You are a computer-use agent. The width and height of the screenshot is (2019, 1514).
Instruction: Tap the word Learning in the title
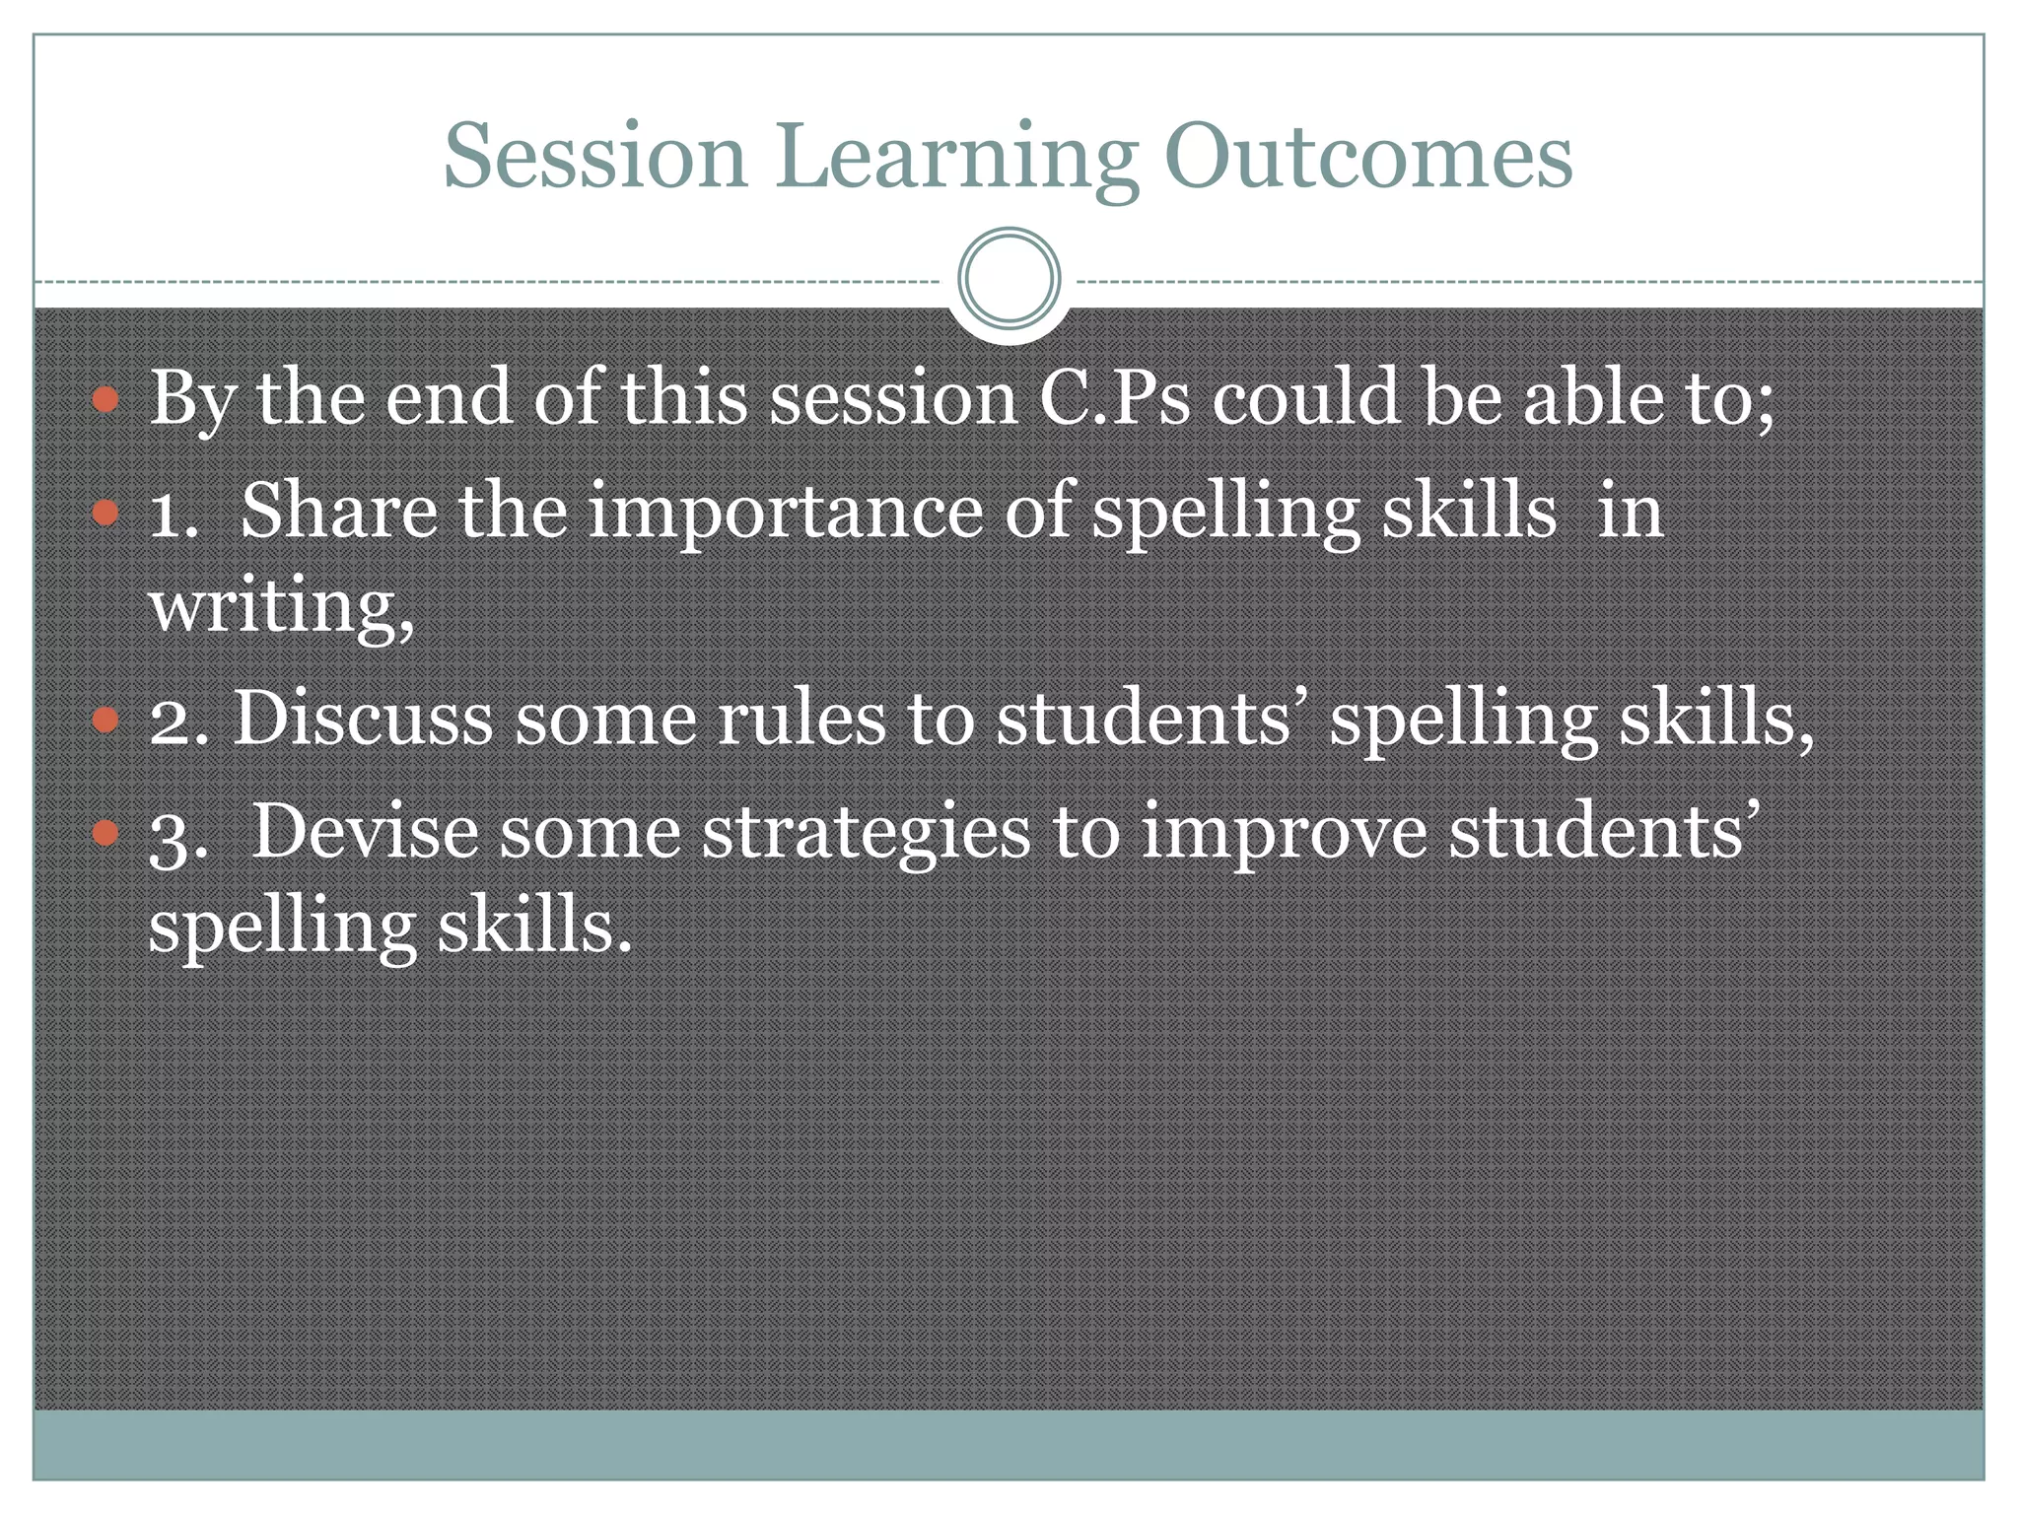[x=955, y=158]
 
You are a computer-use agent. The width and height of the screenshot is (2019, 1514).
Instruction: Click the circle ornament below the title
[x=1009, y=278]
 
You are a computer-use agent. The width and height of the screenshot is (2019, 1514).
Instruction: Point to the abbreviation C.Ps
[x=1115, y=397]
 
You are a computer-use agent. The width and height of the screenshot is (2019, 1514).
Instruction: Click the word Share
[x=338, y=510]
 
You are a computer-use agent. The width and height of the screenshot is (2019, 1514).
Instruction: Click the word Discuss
[x=362, y=717]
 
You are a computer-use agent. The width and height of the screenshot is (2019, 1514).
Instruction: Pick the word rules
[x=801, y=717]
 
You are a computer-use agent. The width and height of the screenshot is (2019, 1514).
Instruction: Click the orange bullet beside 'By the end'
[x=105, y=399]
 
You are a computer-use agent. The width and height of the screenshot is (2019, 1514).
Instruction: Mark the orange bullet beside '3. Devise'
[x=105, y=834]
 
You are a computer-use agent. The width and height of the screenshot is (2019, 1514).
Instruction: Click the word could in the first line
[x=1305, y=396]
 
